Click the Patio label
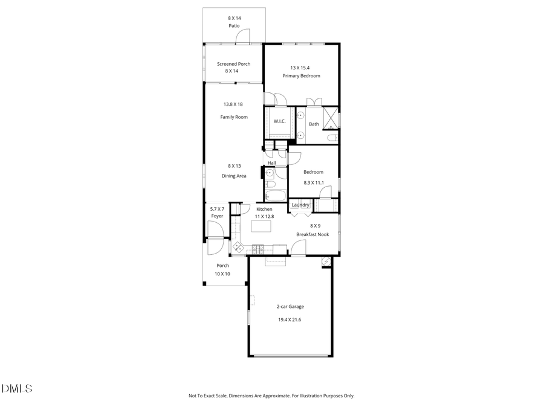tap(234, 27)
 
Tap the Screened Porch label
tap(234, 64)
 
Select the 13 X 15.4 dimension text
tap(301, 68)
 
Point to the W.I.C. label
tap(279, 121)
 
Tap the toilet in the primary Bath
tap(331, 138)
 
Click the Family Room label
tap(234, 117)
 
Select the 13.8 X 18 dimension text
tap(233, 104)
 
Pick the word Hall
tap(271, 163)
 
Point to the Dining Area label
tap(234, 176)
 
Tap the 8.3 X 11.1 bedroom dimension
tap(313, 182)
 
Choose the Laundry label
tap(300, 205)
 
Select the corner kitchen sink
tap(238, 246)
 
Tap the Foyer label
tap(217, 216)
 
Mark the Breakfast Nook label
tap(312, 234)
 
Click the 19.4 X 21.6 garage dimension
tap(288, 319)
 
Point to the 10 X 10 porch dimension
tap(222, 274)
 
